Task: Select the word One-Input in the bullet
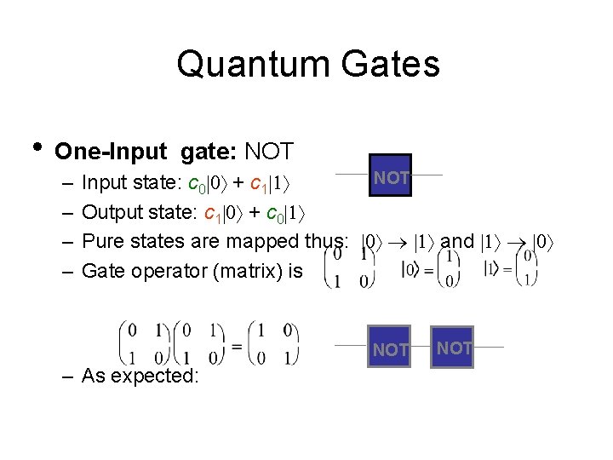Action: tap(110, 152)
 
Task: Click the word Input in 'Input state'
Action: tap(106, 183)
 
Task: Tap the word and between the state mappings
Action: tap(457, 241)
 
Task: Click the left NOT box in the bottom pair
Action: tap(390, 347)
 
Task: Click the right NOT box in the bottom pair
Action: tap(452, 347)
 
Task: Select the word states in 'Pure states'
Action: tap(160, 241)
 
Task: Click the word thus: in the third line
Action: tap(325, 241)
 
